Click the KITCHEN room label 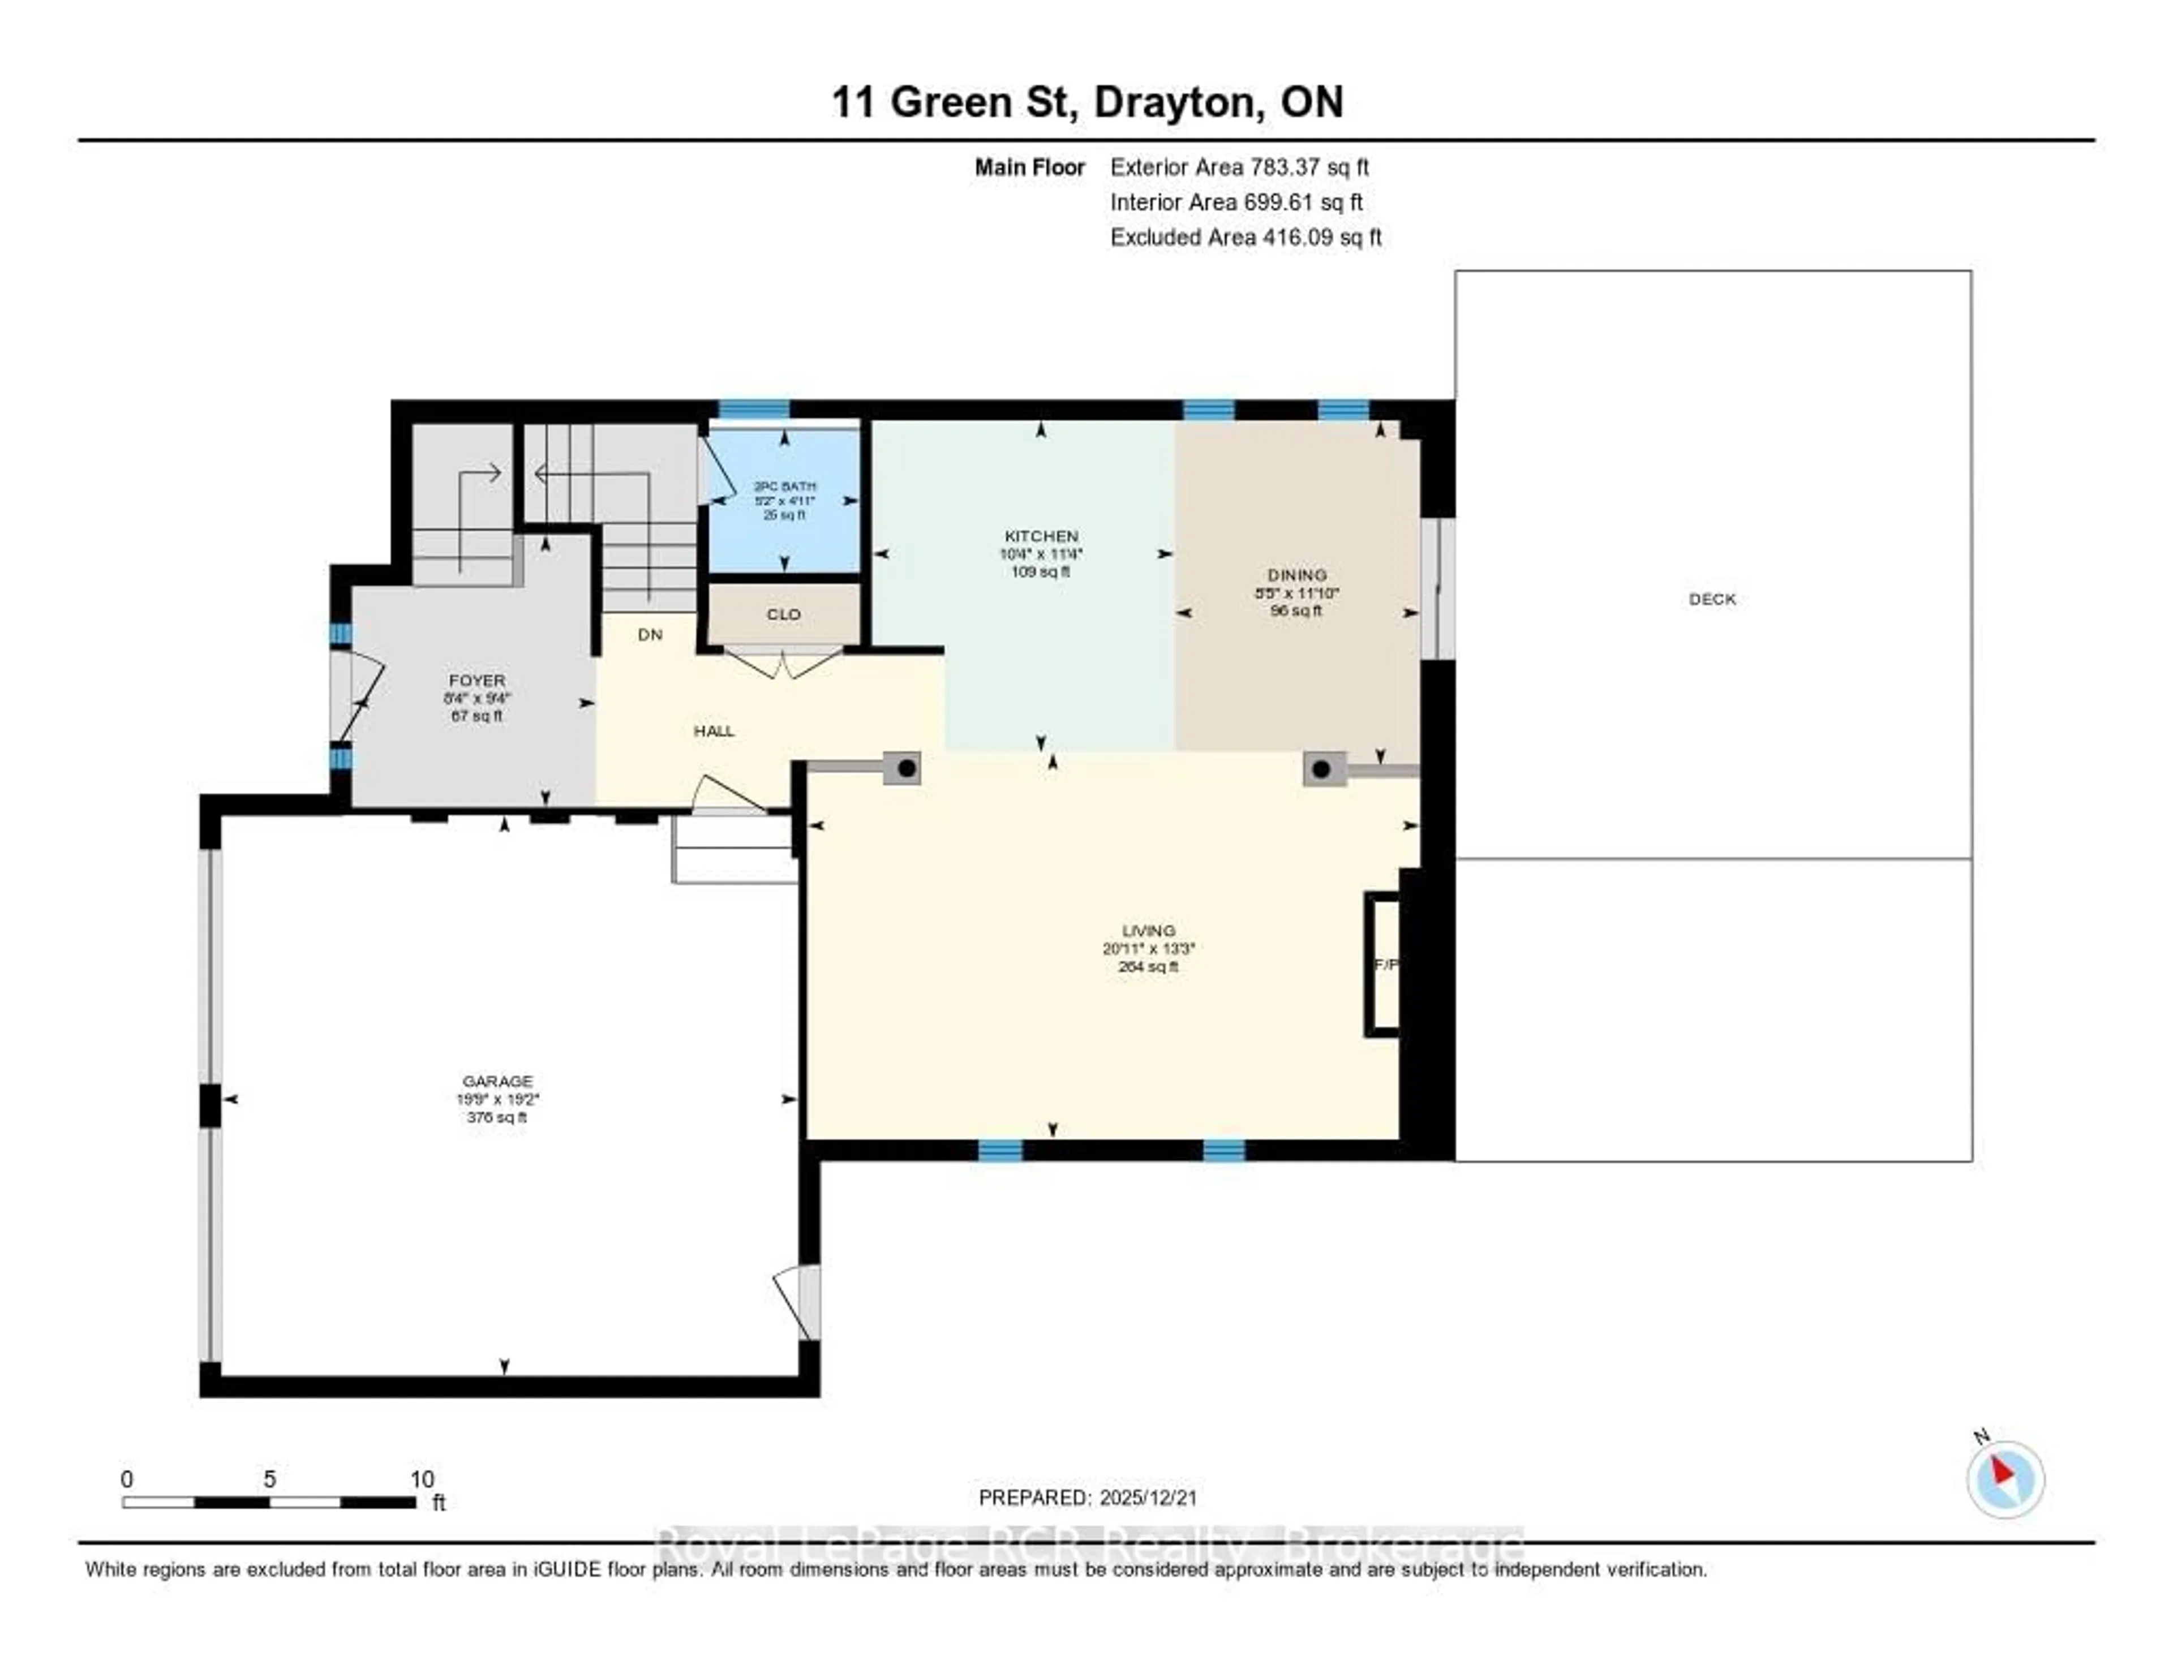(1041, 536)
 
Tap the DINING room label (1296, 575)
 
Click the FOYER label (476, 681)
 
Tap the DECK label (1711, 599)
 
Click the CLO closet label (783, 615)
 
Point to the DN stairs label (650, 635)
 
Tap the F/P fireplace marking (1385, 964)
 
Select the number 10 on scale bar (422, 1479)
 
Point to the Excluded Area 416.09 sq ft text (1246, 236)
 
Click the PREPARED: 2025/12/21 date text (1088, 1497)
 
